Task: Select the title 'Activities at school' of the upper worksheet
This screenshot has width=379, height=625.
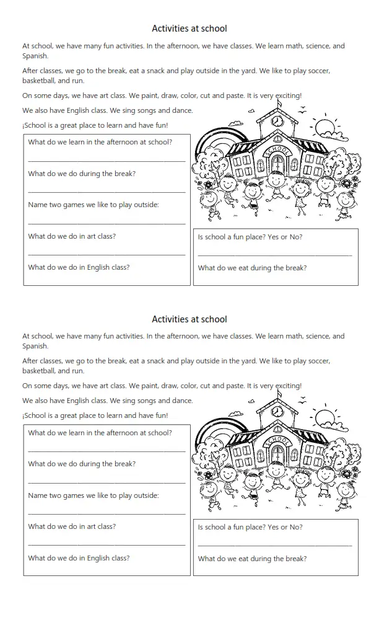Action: point(189,29)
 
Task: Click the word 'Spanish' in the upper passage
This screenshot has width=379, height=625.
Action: point(35,56)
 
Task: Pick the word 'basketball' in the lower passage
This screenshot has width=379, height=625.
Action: point(39,371)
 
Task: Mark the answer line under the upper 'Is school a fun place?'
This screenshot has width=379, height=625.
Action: point(275,255)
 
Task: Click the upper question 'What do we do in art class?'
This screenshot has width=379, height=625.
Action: point(72,236)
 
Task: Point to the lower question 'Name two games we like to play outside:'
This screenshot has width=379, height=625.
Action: point(94,495)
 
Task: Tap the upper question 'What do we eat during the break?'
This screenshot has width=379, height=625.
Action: point(252,268)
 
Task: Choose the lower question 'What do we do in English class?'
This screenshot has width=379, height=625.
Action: point(79,557)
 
